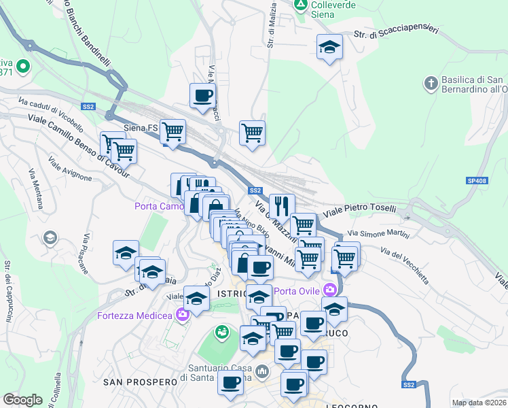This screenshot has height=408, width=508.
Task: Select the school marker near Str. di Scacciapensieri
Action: coord(329,47)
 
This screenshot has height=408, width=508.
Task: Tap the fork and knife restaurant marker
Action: coord(282,205)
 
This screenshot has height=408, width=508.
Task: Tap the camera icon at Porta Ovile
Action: coord(331,290)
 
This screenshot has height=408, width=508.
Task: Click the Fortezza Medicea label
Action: coord(136,316)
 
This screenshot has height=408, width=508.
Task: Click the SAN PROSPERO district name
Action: coord(140,383)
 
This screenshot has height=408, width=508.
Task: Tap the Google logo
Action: coord(22,400)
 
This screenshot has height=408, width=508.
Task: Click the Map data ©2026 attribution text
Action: coord(479,403)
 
